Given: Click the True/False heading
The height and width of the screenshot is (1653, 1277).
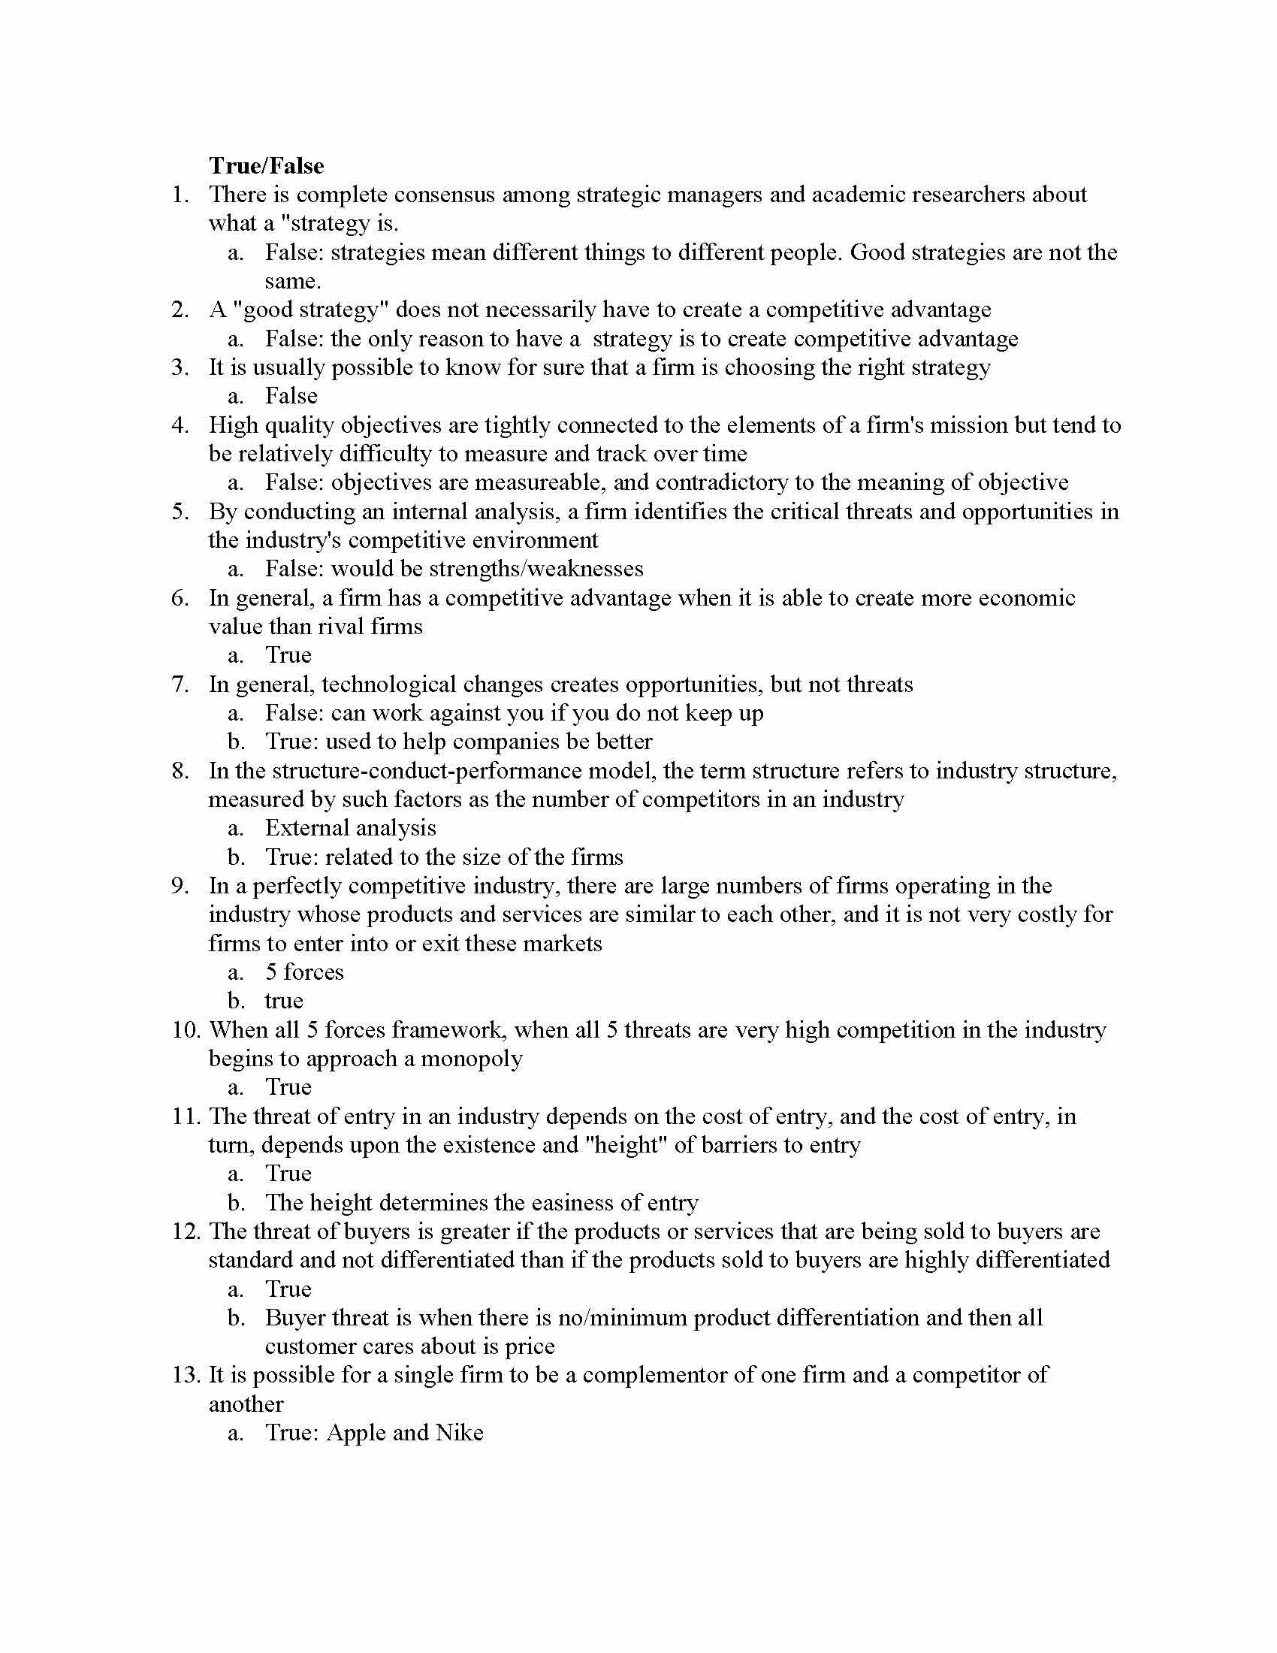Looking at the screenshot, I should pyautogui.click(x=267, y=166).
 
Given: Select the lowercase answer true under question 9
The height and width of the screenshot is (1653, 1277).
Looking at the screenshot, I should pyautogui.click(x=284, y=1001).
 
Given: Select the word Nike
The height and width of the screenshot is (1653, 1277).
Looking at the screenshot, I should pyautogui.click(x=459, y=1433).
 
